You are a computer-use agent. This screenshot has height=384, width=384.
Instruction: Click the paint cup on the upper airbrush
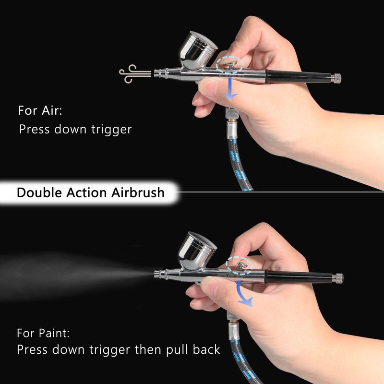(198, 51)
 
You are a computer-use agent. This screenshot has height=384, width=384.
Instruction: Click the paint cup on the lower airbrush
(197, 252)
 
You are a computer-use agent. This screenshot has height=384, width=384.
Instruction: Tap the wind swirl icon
(135, 73)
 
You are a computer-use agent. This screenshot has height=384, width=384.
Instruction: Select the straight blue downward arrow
(230, 89)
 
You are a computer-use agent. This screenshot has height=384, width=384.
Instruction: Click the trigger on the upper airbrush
(231, 65)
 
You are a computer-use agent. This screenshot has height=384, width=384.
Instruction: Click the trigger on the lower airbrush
(241, 266)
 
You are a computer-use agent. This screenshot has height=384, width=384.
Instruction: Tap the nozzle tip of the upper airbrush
(157, 73)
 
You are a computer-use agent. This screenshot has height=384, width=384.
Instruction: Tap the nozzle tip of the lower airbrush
(157, 274)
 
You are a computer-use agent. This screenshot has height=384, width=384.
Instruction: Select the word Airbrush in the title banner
(138, 192)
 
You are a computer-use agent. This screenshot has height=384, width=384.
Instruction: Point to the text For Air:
(40, 110)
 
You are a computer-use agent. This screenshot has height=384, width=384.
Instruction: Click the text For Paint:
(43, 333)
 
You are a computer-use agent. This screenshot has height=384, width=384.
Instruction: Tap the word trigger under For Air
(111, 130)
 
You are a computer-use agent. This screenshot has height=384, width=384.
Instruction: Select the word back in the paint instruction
(206, 349)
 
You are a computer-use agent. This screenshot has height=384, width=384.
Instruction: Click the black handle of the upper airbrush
(298, 76)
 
